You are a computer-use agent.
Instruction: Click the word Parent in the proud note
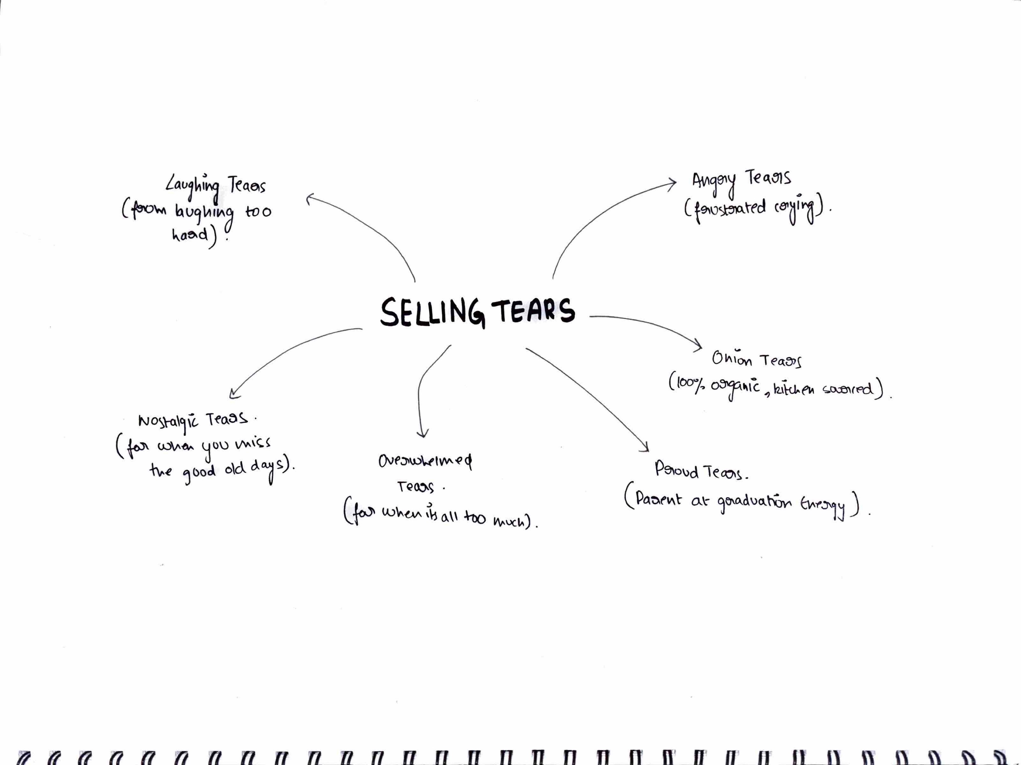coord(658,499)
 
